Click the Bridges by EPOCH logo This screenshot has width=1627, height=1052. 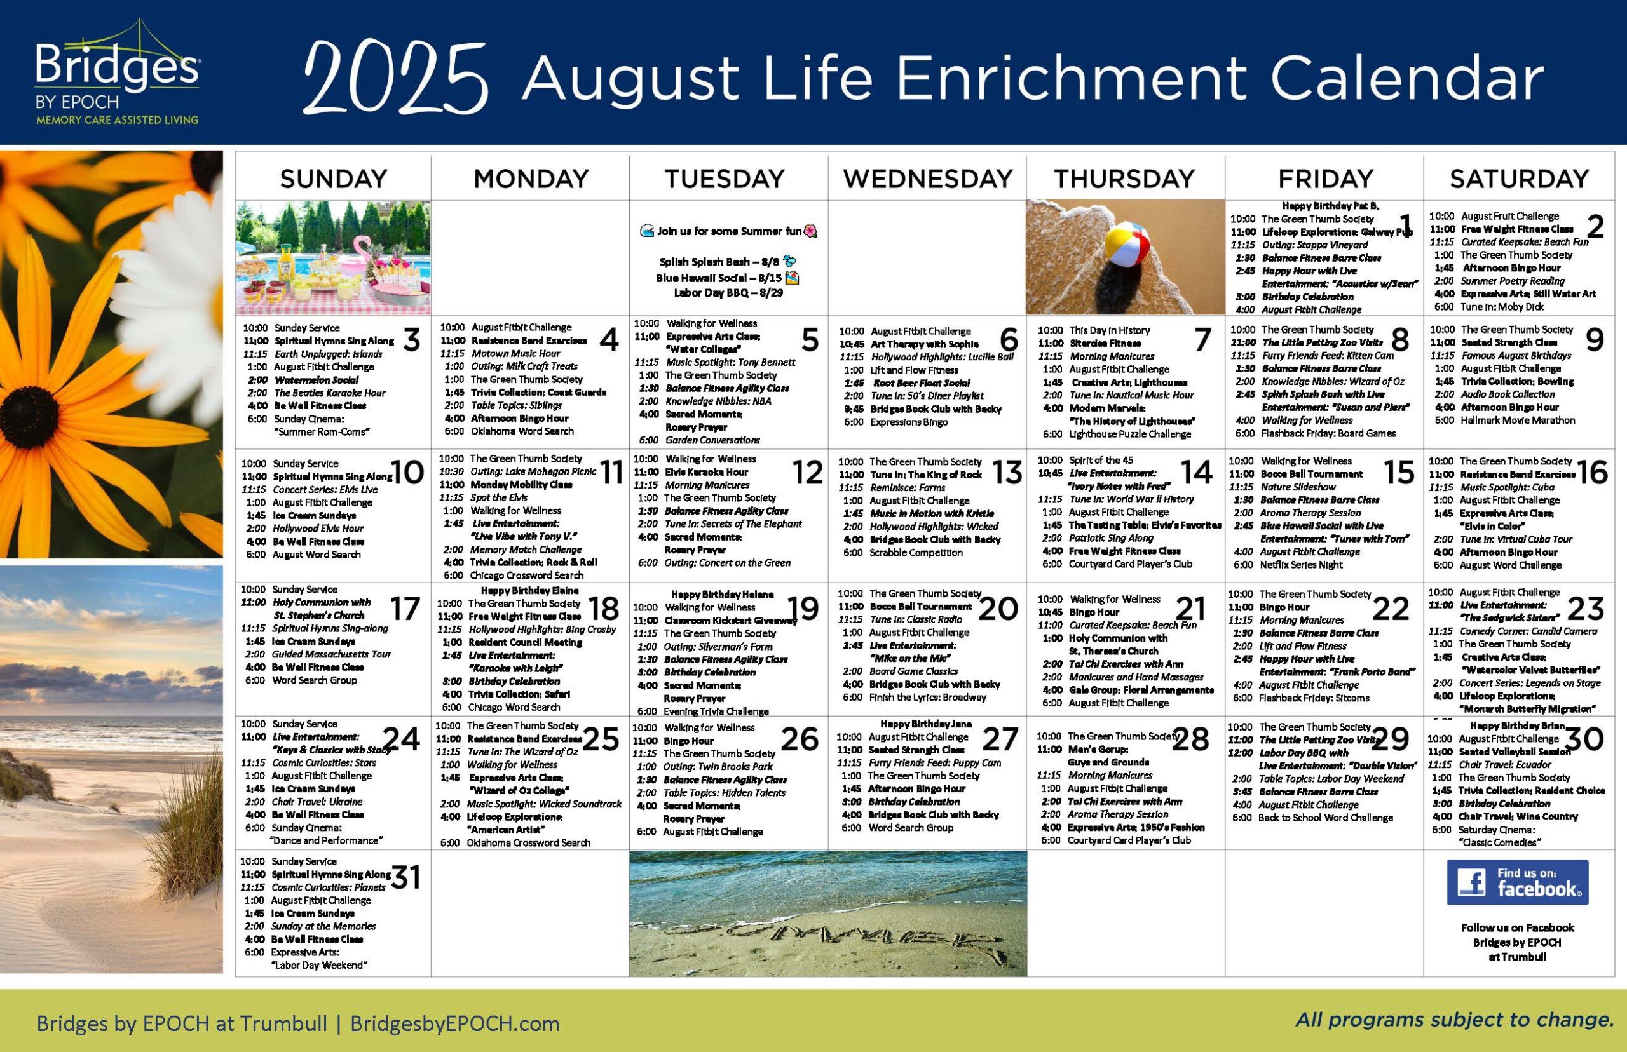coord(118,74)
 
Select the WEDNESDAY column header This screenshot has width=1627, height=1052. coord(927,179)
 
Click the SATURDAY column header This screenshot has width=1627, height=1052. coord(1519,179)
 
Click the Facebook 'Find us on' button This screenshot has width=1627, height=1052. coord(1518,882)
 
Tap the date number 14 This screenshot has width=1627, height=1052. coord(1196,472)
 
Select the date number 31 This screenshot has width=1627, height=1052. coord(405,878)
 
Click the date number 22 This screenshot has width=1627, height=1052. coord(1391,608)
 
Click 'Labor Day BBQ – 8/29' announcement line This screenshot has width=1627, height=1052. coord(728,292)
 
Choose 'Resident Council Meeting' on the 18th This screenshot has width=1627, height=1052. coord(525,642)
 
